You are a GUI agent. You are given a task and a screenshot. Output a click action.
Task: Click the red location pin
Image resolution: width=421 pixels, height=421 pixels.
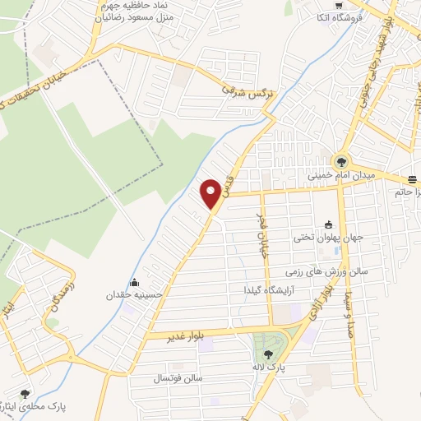click(x=211, y=192)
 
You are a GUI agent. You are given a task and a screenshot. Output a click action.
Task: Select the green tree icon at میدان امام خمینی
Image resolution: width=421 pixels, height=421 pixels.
click(x=340, y=161)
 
